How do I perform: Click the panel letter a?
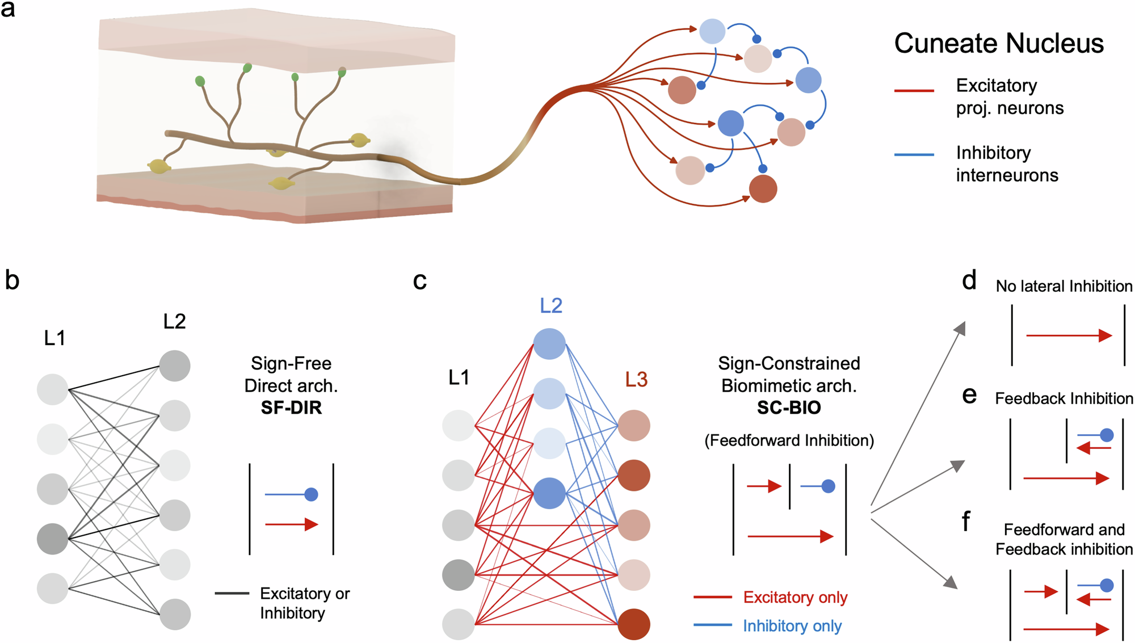point(8,10)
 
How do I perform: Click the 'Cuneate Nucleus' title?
point(999,44)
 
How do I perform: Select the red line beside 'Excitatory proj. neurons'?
point(914,90)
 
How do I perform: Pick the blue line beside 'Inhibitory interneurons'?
point(914,154)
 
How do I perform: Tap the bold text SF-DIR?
point(291,407)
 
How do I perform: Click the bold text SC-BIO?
point(789,407)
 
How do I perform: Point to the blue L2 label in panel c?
point(550,306)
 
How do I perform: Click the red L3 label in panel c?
point(636,380)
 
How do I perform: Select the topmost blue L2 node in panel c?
point(549,343)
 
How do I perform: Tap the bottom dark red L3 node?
point(633,624)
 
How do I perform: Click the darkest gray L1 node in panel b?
point(53,539)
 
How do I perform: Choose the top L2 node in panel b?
point(175,366)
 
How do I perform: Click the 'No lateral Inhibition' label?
point(1064,286)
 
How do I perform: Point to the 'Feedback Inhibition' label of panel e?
point(1064,398)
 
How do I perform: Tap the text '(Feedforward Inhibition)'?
point(789,440)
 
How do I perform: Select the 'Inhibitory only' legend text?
point(792,626)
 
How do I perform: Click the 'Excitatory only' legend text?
point(795,597)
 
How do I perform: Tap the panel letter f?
point(966,520)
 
